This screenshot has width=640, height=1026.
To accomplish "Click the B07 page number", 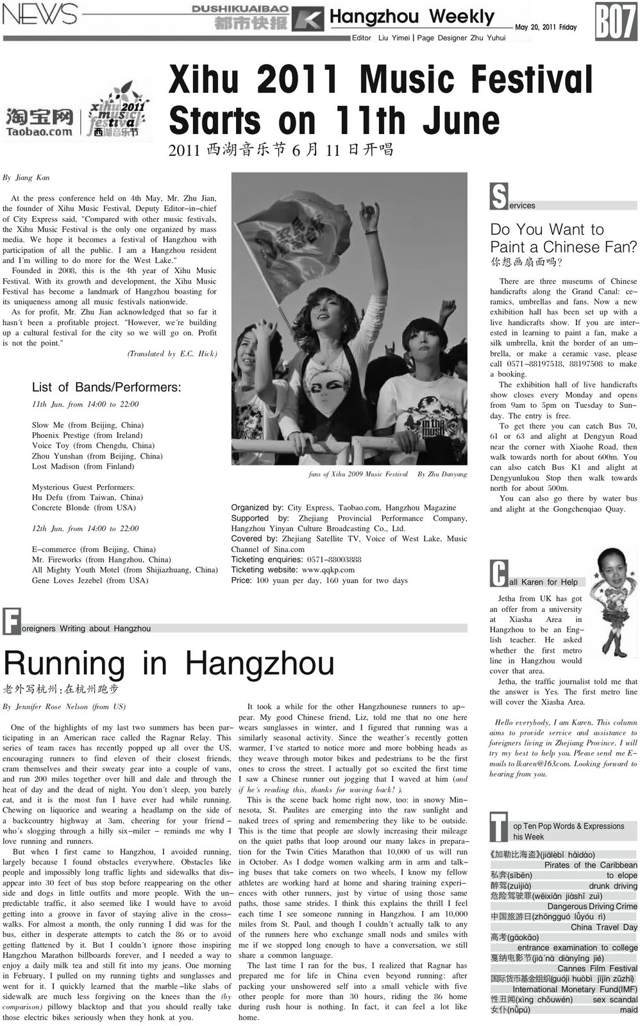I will (616, 21).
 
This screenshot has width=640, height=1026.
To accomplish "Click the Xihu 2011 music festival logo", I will (117, 113).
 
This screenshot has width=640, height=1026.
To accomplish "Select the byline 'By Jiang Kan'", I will (26, 178).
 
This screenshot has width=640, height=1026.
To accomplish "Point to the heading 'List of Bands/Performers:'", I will (106, 387).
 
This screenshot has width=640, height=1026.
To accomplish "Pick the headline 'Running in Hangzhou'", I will (169, 663).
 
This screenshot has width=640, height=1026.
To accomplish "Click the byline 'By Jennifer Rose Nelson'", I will (65, 707).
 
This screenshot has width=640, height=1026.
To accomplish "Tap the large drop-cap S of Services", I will (498, 197).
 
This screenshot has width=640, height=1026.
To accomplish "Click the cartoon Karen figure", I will (611, 601).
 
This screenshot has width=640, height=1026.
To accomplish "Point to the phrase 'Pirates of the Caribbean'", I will (591, 865).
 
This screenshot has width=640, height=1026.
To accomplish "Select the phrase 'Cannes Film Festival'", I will (597, 968).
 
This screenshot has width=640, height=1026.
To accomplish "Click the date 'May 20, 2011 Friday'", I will (546, 28).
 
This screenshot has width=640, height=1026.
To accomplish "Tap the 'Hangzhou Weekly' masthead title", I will (412, 17).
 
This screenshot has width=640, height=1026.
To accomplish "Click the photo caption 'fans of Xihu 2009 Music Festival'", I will (358, 475).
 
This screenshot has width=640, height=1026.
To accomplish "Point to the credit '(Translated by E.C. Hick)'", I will (172, 354).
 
